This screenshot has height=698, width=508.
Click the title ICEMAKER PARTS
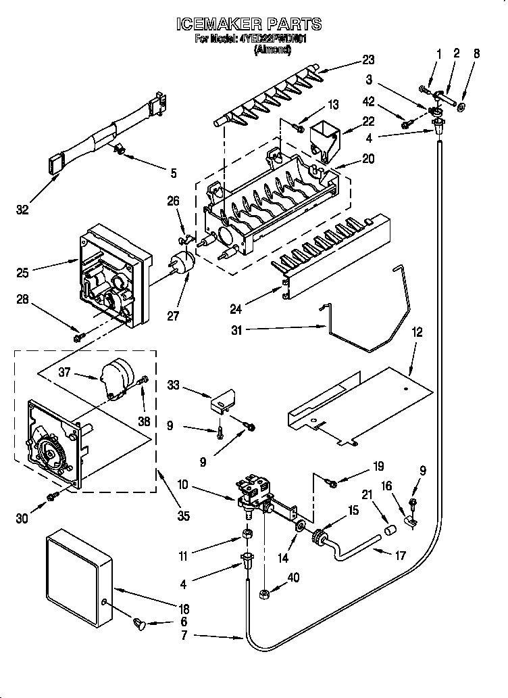tap(248, 24)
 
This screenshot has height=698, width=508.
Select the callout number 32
tap(24, 210)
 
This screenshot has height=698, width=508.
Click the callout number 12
tap(417, 333)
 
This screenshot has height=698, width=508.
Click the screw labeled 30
tap(52, 498)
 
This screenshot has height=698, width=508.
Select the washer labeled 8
tap(461, 107)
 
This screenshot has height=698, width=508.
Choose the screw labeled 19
tap(331, 482)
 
